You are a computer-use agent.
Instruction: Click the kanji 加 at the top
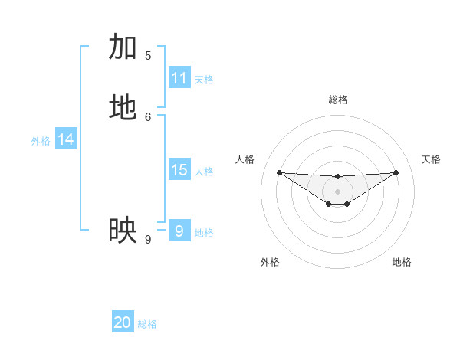123,47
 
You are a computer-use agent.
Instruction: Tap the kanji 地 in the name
123,108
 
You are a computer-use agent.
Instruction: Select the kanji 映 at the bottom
123,230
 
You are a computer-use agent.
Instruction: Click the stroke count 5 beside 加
148,56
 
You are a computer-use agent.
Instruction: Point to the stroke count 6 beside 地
148,116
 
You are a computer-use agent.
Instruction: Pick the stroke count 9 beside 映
148,240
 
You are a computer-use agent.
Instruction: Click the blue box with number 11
179,78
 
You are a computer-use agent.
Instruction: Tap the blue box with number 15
179,170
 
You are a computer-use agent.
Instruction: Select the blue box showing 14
66,139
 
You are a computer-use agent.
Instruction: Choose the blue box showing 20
123,322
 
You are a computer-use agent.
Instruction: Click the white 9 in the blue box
179,231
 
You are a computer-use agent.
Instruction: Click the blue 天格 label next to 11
204,80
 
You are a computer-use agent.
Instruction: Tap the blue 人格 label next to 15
204,172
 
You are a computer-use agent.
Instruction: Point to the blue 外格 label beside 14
41,141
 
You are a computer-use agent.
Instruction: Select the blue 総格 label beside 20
147,324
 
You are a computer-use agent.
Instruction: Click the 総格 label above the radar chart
338,100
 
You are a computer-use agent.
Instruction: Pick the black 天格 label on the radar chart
431,159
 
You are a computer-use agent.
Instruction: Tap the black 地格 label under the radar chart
402,262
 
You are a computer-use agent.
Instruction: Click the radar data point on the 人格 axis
279,172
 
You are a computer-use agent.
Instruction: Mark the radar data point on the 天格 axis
396,172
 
